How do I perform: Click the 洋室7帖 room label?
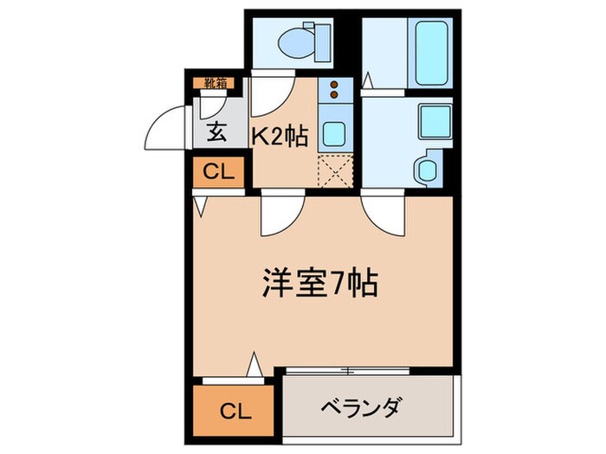point(319,283)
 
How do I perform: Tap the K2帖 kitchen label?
point(279,137)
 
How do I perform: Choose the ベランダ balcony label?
point(365,406)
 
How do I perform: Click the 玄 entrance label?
point(217,134)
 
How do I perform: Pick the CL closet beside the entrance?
point(218,172)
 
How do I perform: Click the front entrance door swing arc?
point(164,128)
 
